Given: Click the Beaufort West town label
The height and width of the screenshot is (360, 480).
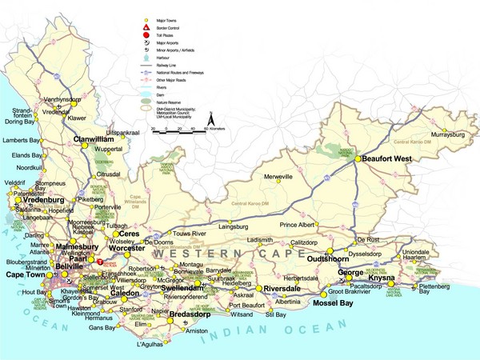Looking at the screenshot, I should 386,159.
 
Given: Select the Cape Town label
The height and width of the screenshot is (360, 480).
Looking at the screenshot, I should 25,274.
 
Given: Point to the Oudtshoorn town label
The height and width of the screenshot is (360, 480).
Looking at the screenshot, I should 330,258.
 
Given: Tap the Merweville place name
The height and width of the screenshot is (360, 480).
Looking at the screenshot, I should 280,175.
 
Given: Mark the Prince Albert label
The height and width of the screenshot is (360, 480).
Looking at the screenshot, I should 298,226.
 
